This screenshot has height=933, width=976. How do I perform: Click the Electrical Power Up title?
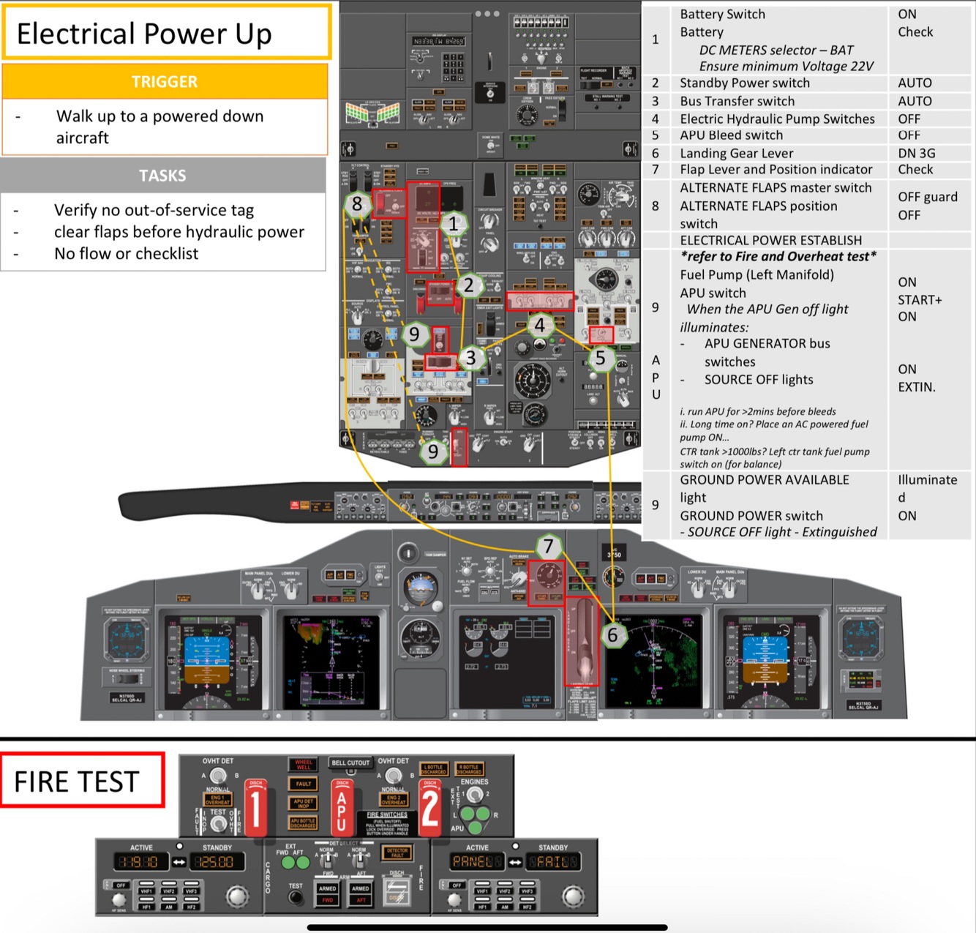pyautogui.click(x=144, y=34)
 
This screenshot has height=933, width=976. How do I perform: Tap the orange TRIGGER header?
pyautogui.click(x=165, y=81)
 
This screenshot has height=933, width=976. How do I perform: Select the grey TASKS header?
pyautogui.click(x=162, y=176)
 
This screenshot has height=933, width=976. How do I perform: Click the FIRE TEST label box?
pyautogui.click(x=77, y=782)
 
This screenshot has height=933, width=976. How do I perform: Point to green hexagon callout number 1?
pyautogui.click(x=454, y=224)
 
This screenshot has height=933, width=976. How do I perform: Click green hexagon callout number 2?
pyautogui.click(x=469, y=285)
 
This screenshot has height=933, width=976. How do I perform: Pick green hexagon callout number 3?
pyautogui.click(x=471, y=358)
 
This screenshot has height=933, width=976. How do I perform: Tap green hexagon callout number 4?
pyautogui.click(x=540, y=325)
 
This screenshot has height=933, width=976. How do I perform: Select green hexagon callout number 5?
pyautogui.click(x=601, y=358)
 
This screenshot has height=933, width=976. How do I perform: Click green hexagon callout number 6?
pyautogui.click(x=613, y=635)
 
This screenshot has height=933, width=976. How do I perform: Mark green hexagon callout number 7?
pyautogui.click(x=549, y=546)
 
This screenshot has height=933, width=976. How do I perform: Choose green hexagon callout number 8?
pyautogui.click(x=357, y=204)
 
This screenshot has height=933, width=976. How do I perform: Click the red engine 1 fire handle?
pyautogui.click(x=255, y=808)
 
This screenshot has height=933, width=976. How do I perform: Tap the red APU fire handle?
pyautogui.click(x=342, y=808)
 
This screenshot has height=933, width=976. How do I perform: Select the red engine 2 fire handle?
pyautogui.click(x=429, y=808)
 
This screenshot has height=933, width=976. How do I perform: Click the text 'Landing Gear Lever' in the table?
pyautogui.click(x=736, y=153)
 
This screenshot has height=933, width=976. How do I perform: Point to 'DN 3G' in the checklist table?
pyautogui.click(x=916, y=153)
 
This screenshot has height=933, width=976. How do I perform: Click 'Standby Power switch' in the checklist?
pyautogui.click(x=744, y=83)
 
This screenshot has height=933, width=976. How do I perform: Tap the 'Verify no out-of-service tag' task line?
pyautogui.click(x=154, y=211)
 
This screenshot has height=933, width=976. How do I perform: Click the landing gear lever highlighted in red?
pyautogui.click(x=582, y=640)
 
